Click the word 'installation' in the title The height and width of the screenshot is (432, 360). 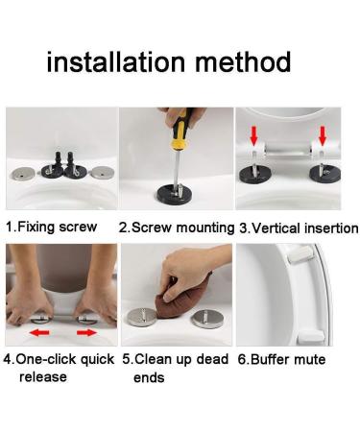[x=116, y=61]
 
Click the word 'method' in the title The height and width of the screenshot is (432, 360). [x=243, y=61]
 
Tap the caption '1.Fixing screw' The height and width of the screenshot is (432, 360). [x=52, y=227]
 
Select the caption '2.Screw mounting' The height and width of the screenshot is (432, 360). [x=177, y=228]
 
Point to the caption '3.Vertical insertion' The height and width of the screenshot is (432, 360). [x=299, y=228]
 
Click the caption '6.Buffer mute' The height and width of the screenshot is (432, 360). [x=281, y=359]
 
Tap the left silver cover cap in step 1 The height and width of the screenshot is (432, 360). [x=22, y=174]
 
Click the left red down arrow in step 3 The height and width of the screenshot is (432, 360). [x=254, y=135]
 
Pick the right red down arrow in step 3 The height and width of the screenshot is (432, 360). [x=323, y=135]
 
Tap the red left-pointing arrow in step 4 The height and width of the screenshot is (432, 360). [x=39, y=333]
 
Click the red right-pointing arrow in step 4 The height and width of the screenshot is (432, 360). [x=86, y=333]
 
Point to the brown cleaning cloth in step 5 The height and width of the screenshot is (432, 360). [x=183, y=300]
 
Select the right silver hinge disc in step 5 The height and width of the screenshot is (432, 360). [x=208, y=319]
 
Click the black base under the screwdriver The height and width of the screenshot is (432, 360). [x=175, y=194]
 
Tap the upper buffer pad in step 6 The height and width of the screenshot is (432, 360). [x=300, y=254]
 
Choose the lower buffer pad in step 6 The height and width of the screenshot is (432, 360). [x=311, y=337]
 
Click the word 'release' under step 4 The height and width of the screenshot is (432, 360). [x=43, y=377]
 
